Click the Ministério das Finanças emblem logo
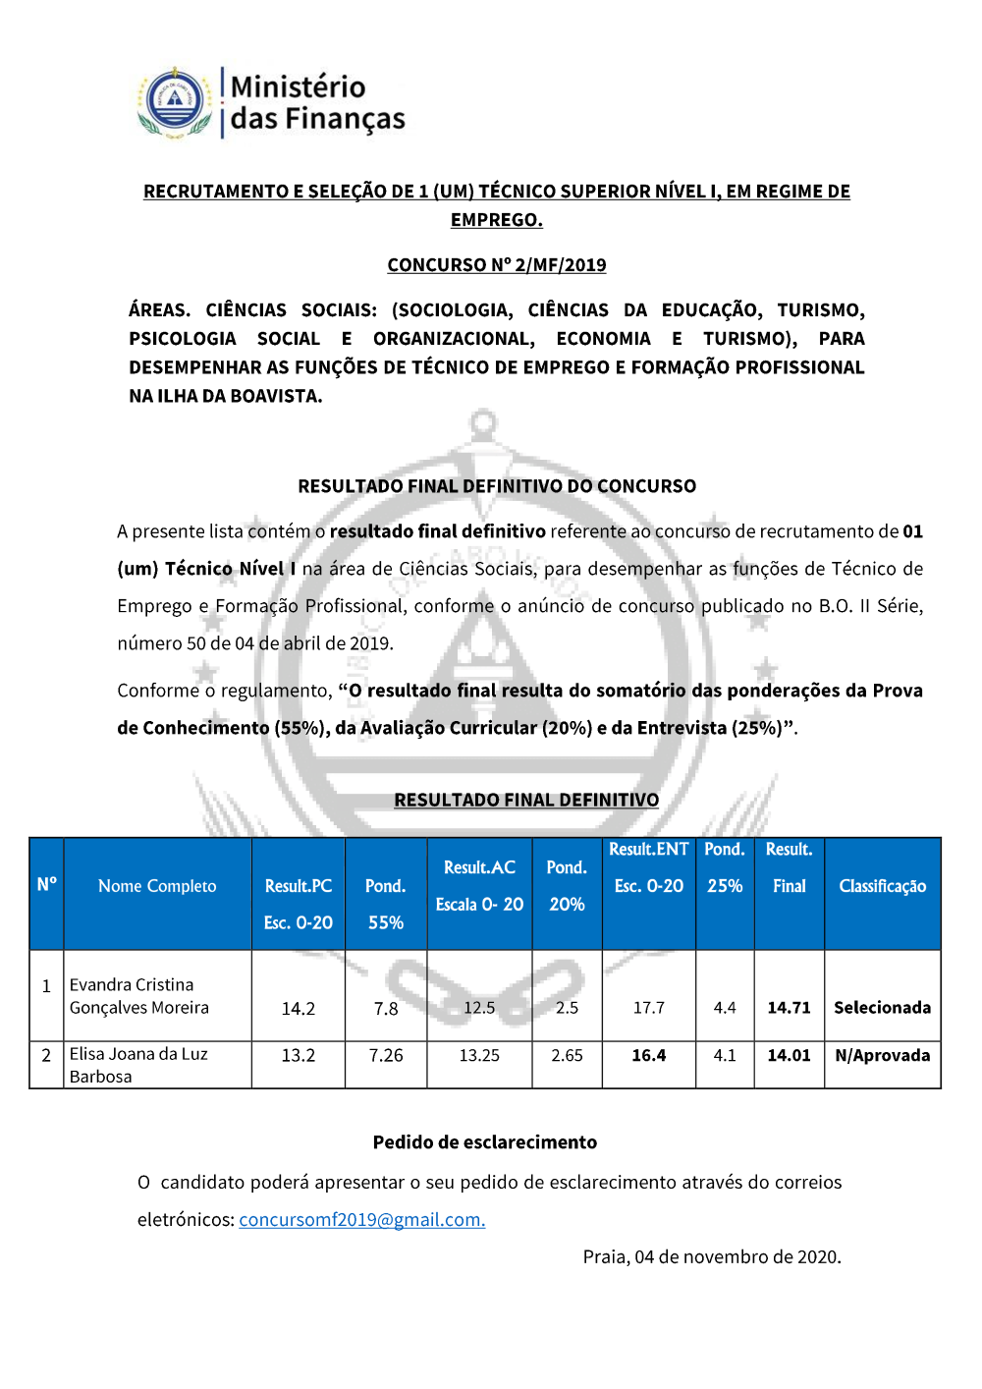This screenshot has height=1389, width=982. (175, 102)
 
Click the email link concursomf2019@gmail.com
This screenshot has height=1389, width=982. (361, 1220)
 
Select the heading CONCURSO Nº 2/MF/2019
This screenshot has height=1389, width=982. (496, 265)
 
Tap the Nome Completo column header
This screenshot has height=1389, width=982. (157, 886)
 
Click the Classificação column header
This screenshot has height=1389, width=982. (882, 886)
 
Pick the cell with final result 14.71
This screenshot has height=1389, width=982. (789, 1008)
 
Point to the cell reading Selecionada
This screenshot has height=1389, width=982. (882, 1008)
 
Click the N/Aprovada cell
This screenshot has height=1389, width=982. (882, 1056)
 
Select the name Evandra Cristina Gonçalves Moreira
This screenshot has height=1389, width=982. (138, 996)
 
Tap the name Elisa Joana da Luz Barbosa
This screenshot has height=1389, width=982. (138, 1065)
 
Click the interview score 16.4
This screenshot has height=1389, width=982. (648, 1056)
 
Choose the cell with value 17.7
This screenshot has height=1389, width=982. (648, 1008)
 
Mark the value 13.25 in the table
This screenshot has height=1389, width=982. (479, 1056)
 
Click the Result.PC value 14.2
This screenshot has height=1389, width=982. (299, 1009)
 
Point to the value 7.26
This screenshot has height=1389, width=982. (386, 1056)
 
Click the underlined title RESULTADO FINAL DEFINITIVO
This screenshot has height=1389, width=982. (526, 801)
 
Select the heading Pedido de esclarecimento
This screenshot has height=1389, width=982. (484, 1142)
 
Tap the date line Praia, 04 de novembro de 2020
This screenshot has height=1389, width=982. (711, 1257)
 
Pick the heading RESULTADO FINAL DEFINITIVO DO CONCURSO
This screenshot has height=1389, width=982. (497, 486)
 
